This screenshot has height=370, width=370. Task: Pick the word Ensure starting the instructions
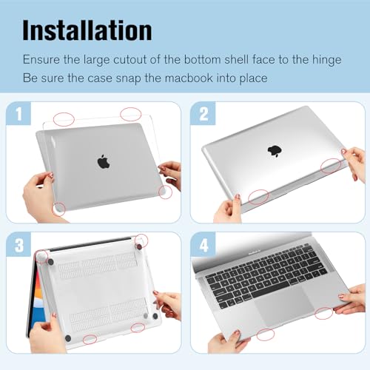coord(42,58)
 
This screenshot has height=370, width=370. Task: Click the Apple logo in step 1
coord(103,161)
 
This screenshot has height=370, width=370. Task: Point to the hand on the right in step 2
coord(354,164)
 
